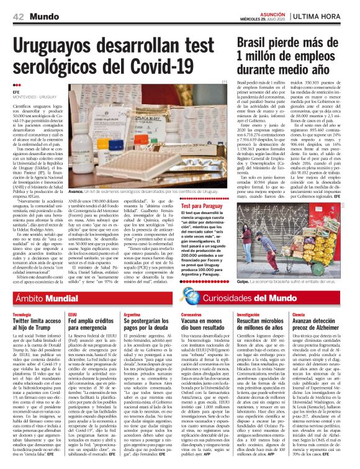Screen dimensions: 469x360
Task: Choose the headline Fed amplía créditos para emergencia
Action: pyautogui.click(x=91, y=324)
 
